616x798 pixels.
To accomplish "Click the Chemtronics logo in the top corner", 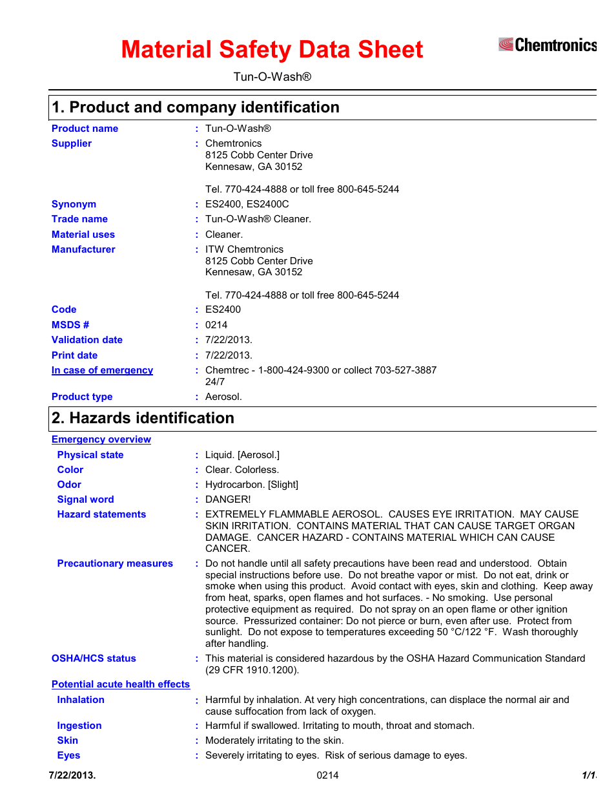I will [547, 45].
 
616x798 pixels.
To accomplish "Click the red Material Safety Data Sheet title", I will [272, 50].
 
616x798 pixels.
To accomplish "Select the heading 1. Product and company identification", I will [195, 107].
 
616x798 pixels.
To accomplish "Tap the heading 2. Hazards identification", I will [143, 418].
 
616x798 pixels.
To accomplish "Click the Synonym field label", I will [74, 204].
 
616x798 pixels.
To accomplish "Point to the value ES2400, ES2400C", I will [247, 204].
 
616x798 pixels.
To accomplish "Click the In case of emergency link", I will [102, 370].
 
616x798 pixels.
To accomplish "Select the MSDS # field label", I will [70, 325].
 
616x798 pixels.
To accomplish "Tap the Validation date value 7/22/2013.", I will [229, 340].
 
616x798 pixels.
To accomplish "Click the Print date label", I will [74, 355].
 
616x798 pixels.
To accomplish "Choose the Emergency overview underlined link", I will [101, 439].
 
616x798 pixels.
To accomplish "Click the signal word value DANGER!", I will [228, 499].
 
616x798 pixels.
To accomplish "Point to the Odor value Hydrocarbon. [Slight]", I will [251, 485].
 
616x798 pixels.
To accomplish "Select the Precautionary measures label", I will [115, 563].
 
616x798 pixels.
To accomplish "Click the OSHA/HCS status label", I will [94, 658].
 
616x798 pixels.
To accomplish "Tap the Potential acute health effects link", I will [121, 684].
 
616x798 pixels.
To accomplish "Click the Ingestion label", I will [79, 726].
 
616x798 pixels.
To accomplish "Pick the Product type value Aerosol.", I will [223, 397].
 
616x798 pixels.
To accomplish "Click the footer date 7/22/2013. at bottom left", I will [72, 775].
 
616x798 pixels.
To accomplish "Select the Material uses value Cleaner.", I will [224, 235].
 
